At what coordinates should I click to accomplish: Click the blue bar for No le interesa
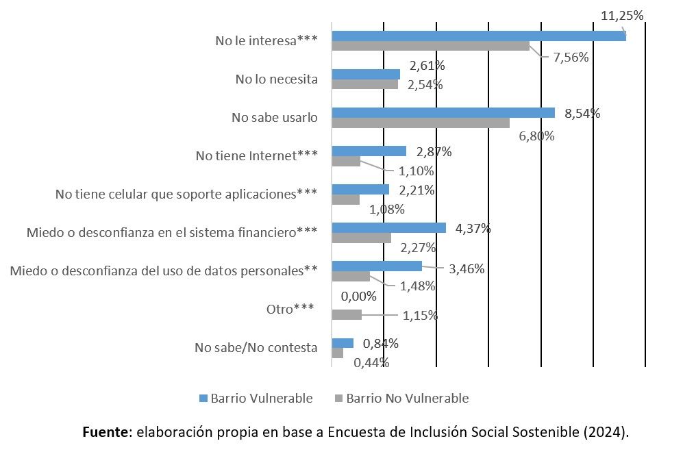pyautogui.click(x=478, y=36)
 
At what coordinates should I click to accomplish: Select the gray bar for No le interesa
pyautogui.click(x=430, y=46)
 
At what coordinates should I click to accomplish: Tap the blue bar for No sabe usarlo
pyautogui.click(x=443, y=112)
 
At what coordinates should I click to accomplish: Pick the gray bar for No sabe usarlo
pyautogui.click(x=420, y=123)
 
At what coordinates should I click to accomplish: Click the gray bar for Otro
pyautogui.click(x=346, y=314)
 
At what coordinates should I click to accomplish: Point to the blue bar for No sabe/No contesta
pyautogui.click(x=342, y=342)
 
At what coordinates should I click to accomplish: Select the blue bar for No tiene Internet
pyautogui.click(x=369, y=151)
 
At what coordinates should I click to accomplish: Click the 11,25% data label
pyautogui.click(x=621, y=16)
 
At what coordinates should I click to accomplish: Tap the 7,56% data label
pyautogui.click(x=571, y=58)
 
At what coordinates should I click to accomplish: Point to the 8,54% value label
pyautogui.click(x=582, y=114)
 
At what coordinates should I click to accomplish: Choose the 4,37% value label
pyautogui.click(x=473, y=229)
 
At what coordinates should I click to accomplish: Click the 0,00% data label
pyautogui.click(x=359, y=297)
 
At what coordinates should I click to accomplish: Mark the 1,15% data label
pyautogui.click(x=419, y=316)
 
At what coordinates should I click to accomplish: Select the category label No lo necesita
pyautogui.click(x=276, y=79)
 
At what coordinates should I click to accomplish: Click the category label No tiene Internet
pyautogui.click(x=256, y=156)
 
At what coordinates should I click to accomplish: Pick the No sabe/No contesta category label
pyautogui.click(x=256, y=348)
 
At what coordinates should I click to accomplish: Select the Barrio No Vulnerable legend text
pyautogui.click(x=407, y=399)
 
